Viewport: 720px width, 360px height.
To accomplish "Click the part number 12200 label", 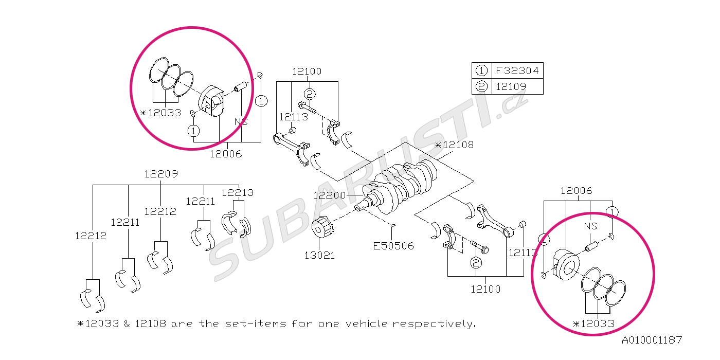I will click(330, 195).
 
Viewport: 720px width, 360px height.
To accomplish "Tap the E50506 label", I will click(393, 246).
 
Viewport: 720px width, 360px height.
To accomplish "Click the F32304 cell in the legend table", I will click(517, 70).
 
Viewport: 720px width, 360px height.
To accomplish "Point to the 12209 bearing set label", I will click(161, 174).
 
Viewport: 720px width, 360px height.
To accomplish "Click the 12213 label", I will click(238, 193).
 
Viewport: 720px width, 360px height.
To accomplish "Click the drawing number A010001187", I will click(652, 340).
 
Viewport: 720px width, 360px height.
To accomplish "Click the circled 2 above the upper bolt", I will click(309, 94).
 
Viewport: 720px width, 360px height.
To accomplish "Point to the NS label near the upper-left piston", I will click(241, 121).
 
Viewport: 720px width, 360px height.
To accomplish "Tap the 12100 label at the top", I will click(307, 71).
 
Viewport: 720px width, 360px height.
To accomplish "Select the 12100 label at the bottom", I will click(485, 289).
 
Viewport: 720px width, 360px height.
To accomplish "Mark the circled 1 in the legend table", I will click(482, 70).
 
